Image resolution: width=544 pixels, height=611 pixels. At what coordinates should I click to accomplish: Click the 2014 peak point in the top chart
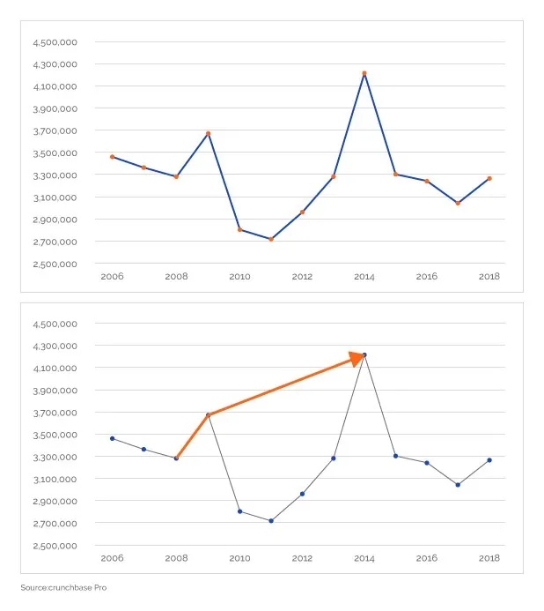pos(364,73)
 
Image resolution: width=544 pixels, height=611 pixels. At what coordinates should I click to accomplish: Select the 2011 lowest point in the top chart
pos(271,239)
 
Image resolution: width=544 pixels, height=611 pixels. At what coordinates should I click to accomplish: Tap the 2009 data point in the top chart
pos(208,133)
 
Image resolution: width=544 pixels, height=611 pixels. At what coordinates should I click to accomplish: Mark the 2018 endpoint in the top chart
pos(489,178)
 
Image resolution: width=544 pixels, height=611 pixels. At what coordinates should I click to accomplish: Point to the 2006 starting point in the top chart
pos(112,157)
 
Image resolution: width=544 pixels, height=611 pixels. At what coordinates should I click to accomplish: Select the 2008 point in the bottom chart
pos(176,458)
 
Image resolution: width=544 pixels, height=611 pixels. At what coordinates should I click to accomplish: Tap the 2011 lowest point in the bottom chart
pos(271,520)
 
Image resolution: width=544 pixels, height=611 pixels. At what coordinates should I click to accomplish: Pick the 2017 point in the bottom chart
pos(458,485)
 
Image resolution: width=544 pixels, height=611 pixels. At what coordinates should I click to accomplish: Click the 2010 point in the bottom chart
pos(239,511)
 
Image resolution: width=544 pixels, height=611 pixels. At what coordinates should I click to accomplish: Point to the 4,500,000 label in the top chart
pos(55,42)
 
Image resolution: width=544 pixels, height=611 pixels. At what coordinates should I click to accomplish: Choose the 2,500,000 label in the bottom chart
pos(55,546)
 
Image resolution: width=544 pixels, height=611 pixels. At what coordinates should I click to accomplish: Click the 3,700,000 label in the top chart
pos(55,130)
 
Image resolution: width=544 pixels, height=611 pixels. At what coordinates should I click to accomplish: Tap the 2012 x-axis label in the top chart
pos(302,277)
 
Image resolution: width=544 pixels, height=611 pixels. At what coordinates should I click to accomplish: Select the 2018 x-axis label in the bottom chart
pos(489,558)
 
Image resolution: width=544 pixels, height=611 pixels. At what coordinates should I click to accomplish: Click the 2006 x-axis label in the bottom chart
pos(112,558)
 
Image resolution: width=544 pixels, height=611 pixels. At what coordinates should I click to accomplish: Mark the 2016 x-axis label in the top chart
pos(427,277)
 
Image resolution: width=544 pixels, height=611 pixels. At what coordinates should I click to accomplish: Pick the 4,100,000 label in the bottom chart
pos(55,369)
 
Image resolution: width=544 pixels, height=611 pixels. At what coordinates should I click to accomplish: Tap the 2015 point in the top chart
pos(395,174)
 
